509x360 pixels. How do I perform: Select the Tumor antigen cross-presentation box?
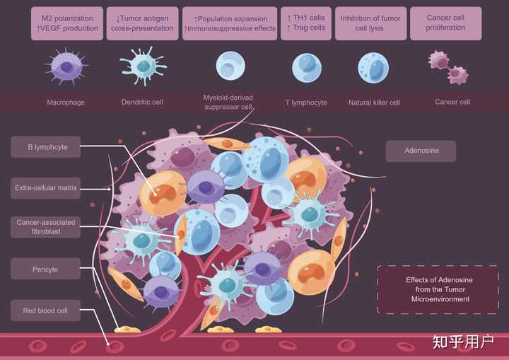(142, 23)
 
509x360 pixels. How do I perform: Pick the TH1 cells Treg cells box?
(306, 23)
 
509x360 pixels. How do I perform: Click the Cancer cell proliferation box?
(445, 23)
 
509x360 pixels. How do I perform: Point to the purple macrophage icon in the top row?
(66, 67)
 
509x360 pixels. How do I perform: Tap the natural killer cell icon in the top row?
(373, 68)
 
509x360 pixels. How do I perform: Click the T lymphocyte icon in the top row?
(306, 68)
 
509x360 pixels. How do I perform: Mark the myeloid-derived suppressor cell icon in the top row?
(230, 66)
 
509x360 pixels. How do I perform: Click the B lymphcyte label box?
(45, 147)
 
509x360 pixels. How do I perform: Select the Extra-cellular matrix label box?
(45, 188)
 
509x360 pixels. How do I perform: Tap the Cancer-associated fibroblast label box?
(45, 227)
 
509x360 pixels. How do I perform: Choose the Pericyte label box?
(45, 269)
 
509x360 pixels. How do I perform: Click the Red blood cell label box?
(45, 310)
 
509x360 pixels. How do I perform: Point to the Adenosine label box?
(421, 151)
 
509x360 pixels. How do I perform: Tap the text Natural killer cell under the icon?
(374, 103)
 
